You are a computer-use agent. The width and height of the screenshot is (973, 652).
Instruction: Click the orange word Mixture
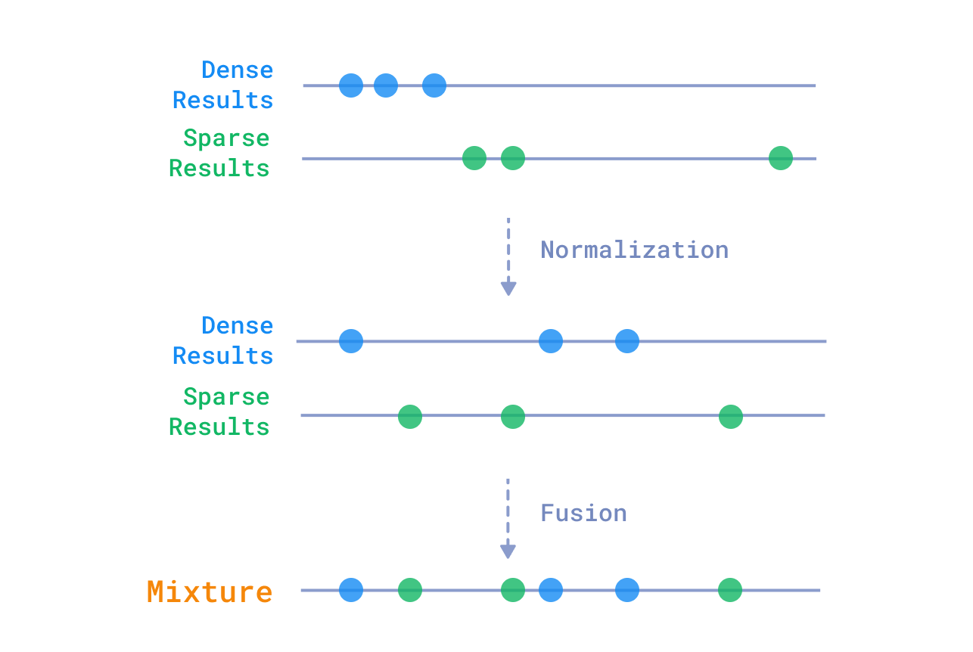(x=210, y=591)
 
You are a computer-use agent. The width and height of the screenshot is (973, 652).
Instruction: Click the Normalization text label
(x=634, y=250)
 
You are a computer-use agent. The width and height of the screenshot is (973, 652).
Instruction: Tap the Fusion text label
(x=583, y=513)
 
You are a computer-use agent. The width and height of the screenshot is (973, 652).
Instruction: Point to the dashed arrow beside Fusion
(x=508, y=518)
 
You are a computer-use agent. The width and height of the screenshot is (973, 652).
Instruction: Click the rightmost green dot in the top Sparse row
(x=780, y=158)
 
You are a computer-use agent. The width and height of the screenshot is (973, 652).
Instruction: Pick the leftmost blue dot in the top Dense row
(x=351, y=85)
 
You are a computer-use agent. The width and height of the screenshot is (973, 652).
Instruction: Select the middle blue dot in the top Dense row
(x=386, y=85)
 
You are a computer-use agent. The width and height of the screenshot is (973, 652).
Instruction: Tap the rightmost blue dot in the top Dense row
(x=434, y=85)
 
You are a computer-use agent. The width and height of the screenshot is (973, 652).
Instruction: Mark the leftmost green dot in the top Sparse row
(x=474, y=158)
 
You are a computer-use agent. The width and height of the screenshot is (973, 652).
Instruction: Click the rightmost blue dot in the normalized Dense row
(x=627, y=341)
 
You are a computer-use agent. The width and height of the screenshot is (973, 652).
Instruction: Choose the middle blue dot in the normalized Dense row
(x=551, y=341)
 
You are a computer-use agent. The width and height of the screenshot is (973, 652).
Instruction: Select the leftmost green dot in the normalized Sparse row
(x=410, y=416)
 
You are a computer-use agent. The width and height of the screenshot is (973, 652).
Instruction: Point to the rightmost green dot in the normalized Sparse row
(x=731, y=416)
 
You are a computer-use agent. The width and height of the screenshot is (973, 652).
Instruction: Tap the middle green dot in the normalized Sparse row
(x=513, y=416)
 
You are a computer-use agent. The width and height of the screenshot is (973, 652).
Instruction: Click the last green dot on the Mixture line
(x=730, y=590)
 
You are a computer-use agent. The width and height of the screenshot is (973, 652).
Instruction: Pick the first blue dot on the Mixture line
(x=351, y=590)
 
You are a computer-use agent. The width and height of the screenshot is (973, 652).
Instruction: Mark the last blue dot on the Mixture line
(x=627, y=590)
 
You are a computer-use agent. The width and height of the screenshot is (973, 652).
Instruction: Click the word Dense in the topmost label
(x=237, y=70)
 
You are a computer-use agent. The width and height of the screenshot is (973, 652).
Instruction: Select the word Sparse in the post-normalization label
(x=226, y=396)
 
